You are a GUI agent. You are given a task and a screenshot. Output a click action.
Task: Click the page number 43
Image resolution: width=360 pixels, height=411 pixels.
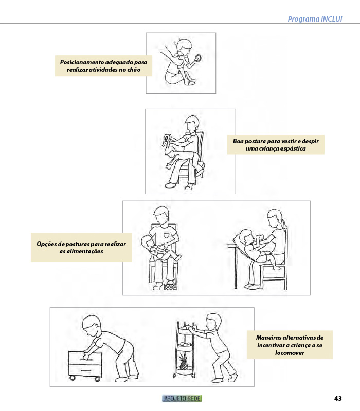coord(338,399)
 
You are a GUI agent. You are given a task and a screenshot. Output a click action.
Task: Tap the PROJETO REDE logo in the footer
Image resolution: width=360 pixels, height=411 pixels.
coord(182,399)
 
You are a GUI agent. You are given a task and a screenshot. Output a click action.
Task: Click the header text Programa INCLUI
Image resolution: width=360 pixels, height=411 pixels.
coord(315,19)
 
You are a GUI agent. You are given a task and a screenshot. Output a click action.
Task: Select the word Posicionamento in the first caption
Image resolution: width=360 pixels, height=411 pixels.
coord(82,62)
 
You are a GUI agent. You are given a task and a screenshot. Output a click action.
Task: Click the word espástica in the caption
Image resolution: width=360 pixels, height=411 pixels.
coord(293,148)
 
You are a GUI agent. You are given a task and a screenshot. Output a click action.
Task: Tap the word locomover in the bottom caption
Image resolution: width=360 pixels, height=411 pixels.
coord(290,353)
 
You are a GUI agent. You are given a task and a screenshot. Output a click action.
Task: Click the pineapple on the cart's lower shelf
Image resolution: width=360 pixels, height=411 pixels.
coord(184,362)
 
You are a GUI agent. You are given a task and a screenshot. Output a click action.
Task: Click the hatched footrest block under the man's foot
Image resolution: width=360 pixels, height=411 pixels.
coord(170,287)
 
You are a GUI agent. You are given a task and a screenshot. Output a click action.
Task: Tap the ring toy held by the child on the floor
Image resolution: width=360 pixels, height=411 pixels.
coord(198,58)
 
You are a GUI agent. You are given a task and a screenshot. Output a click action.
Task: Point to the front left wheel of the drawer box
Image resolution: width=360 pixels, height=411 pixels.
coord(71,378)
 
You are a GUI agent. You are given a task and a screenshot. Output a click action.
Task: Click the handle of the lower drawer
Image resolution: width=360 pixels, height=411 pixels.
coord(86,370)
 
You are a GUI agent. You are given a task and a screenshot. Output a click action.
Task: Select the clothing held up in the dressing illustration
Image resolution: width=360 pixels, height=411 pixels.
coord(166,141)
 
